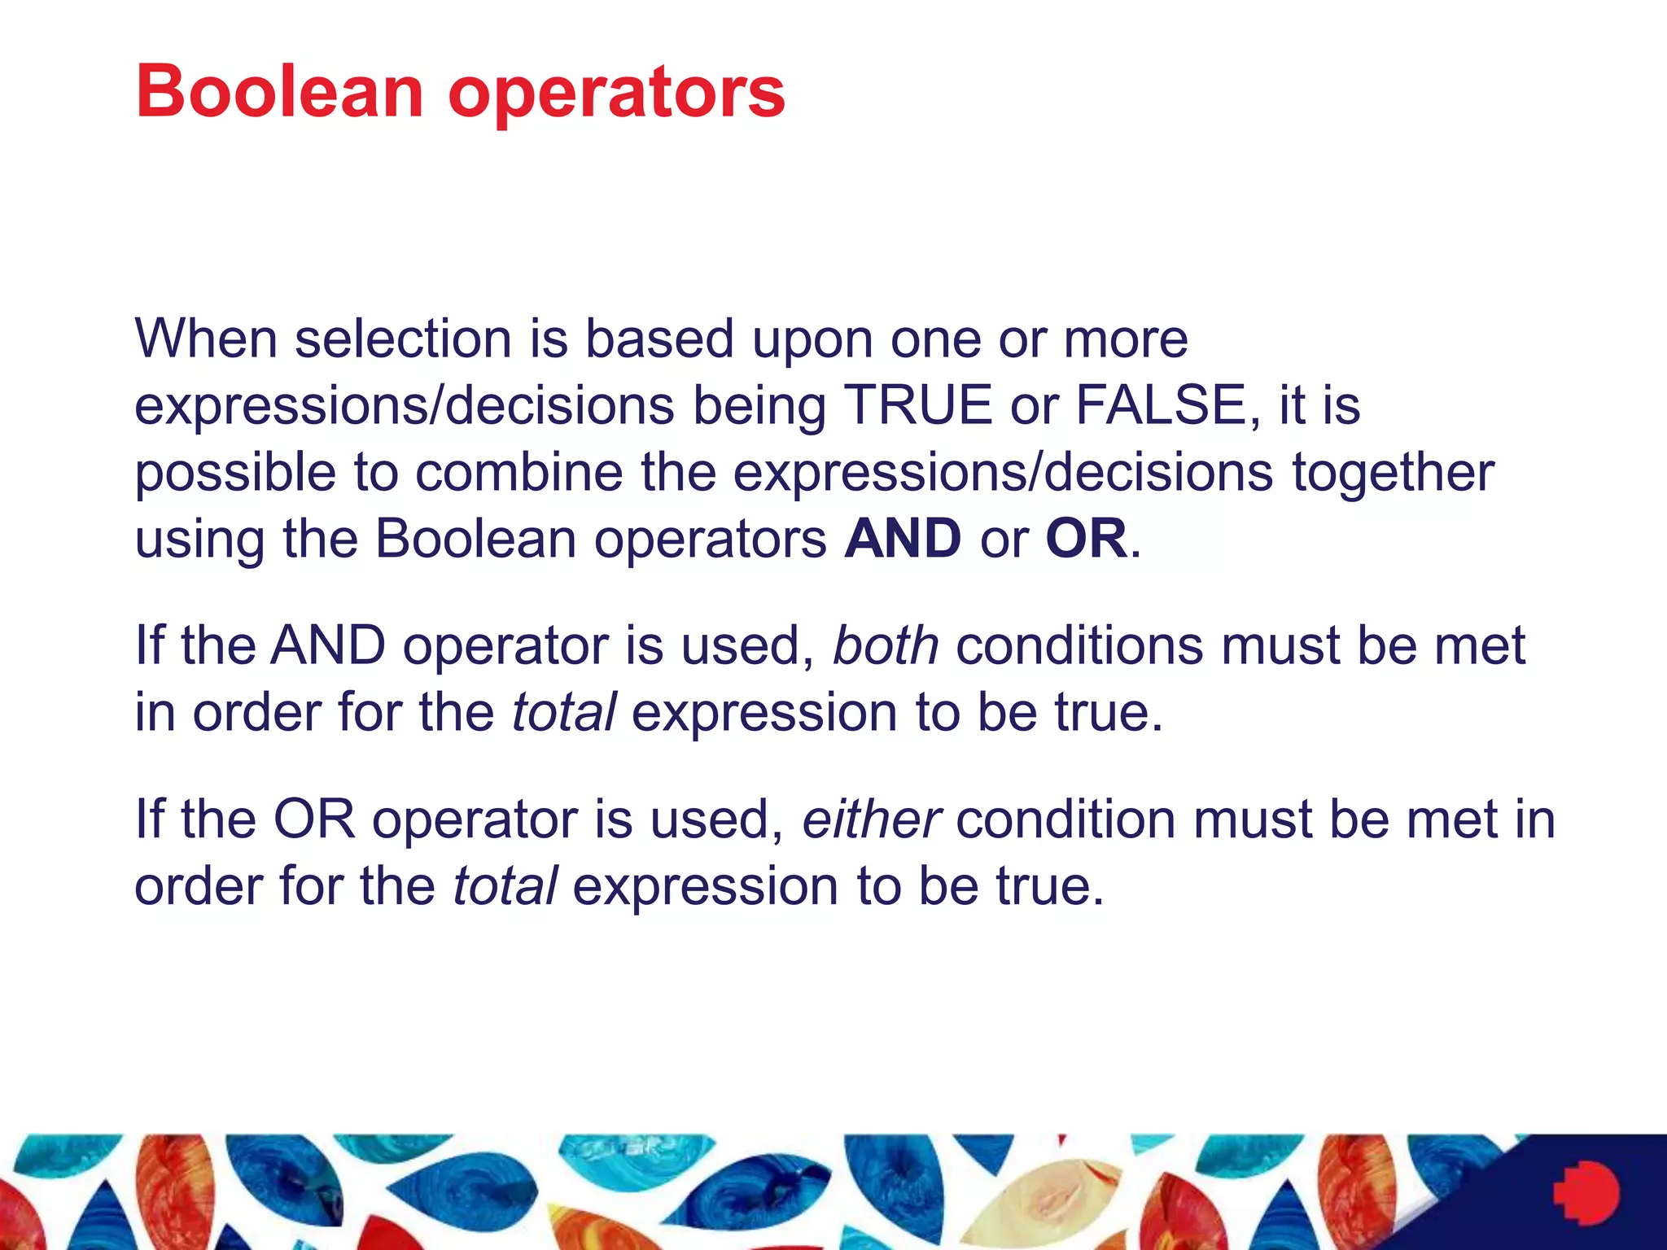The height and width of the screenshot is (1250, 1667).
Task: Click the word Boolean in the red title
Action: [279, 91]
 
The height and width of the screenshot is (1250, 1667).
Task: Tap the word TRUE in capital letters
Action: [917, 404]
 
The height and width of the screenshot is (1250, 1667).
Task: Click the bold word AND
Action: [903, 539]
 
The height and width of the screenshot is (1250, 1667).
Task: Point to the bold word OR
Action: [1086, 539]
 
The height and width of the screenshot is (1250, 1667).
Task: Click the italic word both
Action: [885, 645]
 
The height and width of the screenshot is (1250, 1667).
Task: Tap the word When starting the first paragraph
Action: [206, 338]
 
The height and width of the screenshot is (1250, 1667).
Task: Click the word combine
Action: [518, 472]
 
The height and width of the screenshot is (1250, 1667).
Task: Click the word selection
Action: [402, 338]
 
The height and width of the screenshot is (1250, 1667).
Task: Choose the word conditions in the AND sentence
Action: [1079, 645]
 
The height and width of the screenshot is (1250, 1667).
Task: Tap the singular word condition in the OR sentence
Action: [1065, 819]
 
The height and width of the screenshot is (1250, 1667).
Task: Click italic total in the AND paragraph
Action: [563, 712]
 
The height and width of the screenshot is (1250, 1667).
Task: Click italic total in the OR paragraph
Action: [505, 885]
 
